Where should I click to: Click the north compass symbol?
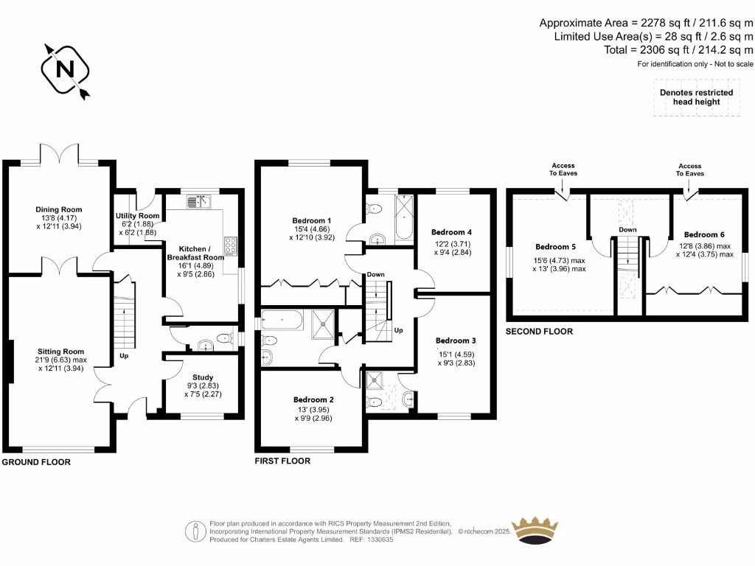[x=66, y=69]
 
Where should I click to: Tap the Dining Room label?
[x=59, y=209]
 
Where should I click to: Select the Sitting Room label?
[x=60, y=352]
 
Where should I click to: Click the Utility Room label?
[x=138, y=216]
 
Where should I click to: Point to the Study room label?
[x=203, y=377]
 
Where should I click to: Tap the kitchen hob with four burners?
[x=231, y=245]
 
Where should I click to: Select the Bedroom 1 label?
[x=311, y=220]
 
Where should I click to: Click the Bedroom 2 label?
[x=311, y=400]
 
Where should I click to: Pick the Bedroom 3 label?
[x=456, y=340]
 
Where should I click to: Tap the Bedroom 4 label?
[x=450, y=232]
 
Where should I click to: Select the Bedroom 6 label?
[x=703, y=234]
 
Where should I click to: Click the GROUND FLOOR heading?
[x=36, y=462]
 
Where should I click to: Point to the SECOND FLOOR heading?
[x=539, y=332]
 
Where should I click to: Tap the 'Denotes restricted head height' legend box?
[x=696, y=97]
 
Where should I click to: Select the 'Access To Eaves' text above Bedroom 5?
[x=563, y=170]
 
